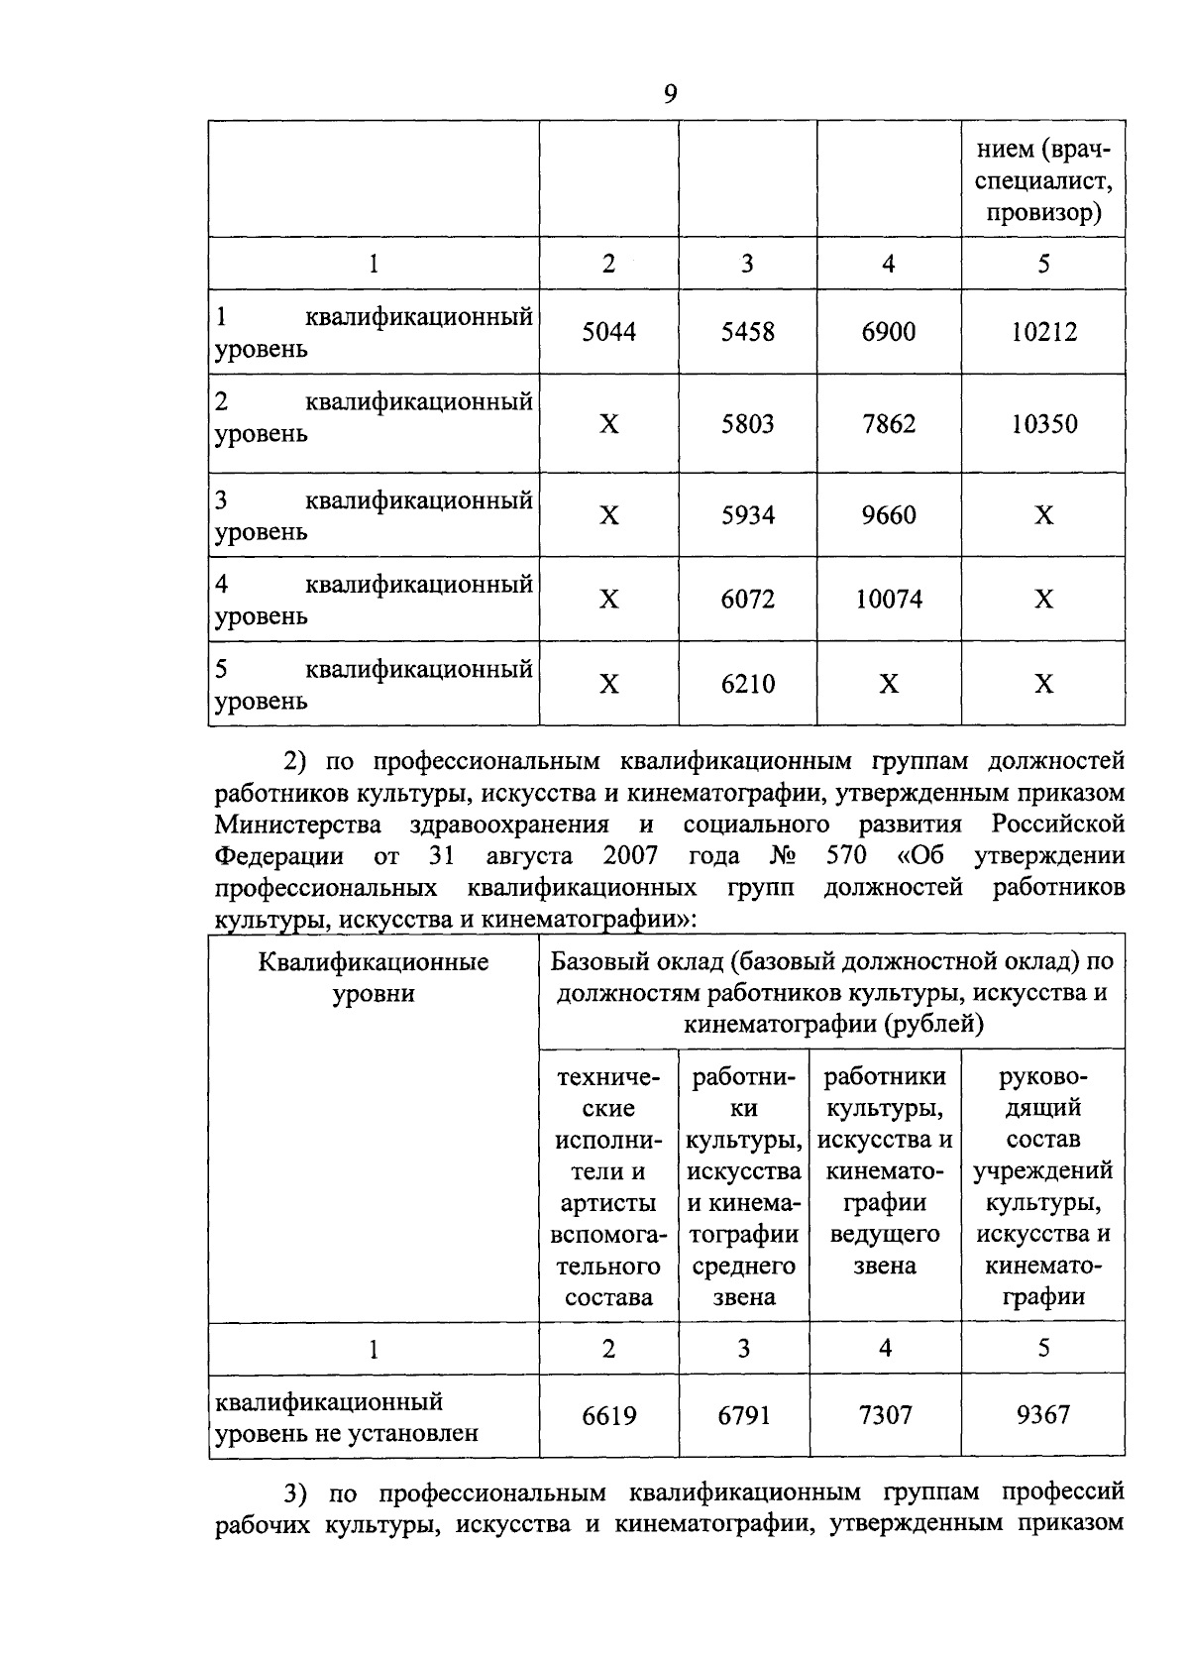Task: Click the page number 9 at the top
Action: [670, 94]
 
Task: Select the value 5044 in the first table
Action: [608, 332]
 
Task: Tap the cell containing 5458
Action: [748, 332]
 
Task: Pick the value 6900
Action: [889, 332]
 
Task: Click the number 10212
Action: [1043, 332]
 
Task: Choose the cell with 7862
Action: [889, 424]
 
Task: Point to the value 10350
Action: [1043, 424]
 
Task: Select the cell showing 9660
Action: [889, 515]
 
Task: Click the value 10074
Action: [889, 600]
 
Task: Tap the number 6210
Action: [748, 684]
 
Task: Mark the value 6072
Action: [748, 600]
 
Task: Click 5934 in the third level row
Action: [748, 515]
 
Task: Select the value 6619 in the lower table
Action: [608, 1415]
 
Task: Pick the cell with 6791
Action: [744, 1415]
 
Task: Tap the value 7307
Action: [885, 1415]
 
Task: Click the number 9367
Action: [1043, 1415]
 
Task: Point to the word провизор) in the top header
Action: [1044, 214]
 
